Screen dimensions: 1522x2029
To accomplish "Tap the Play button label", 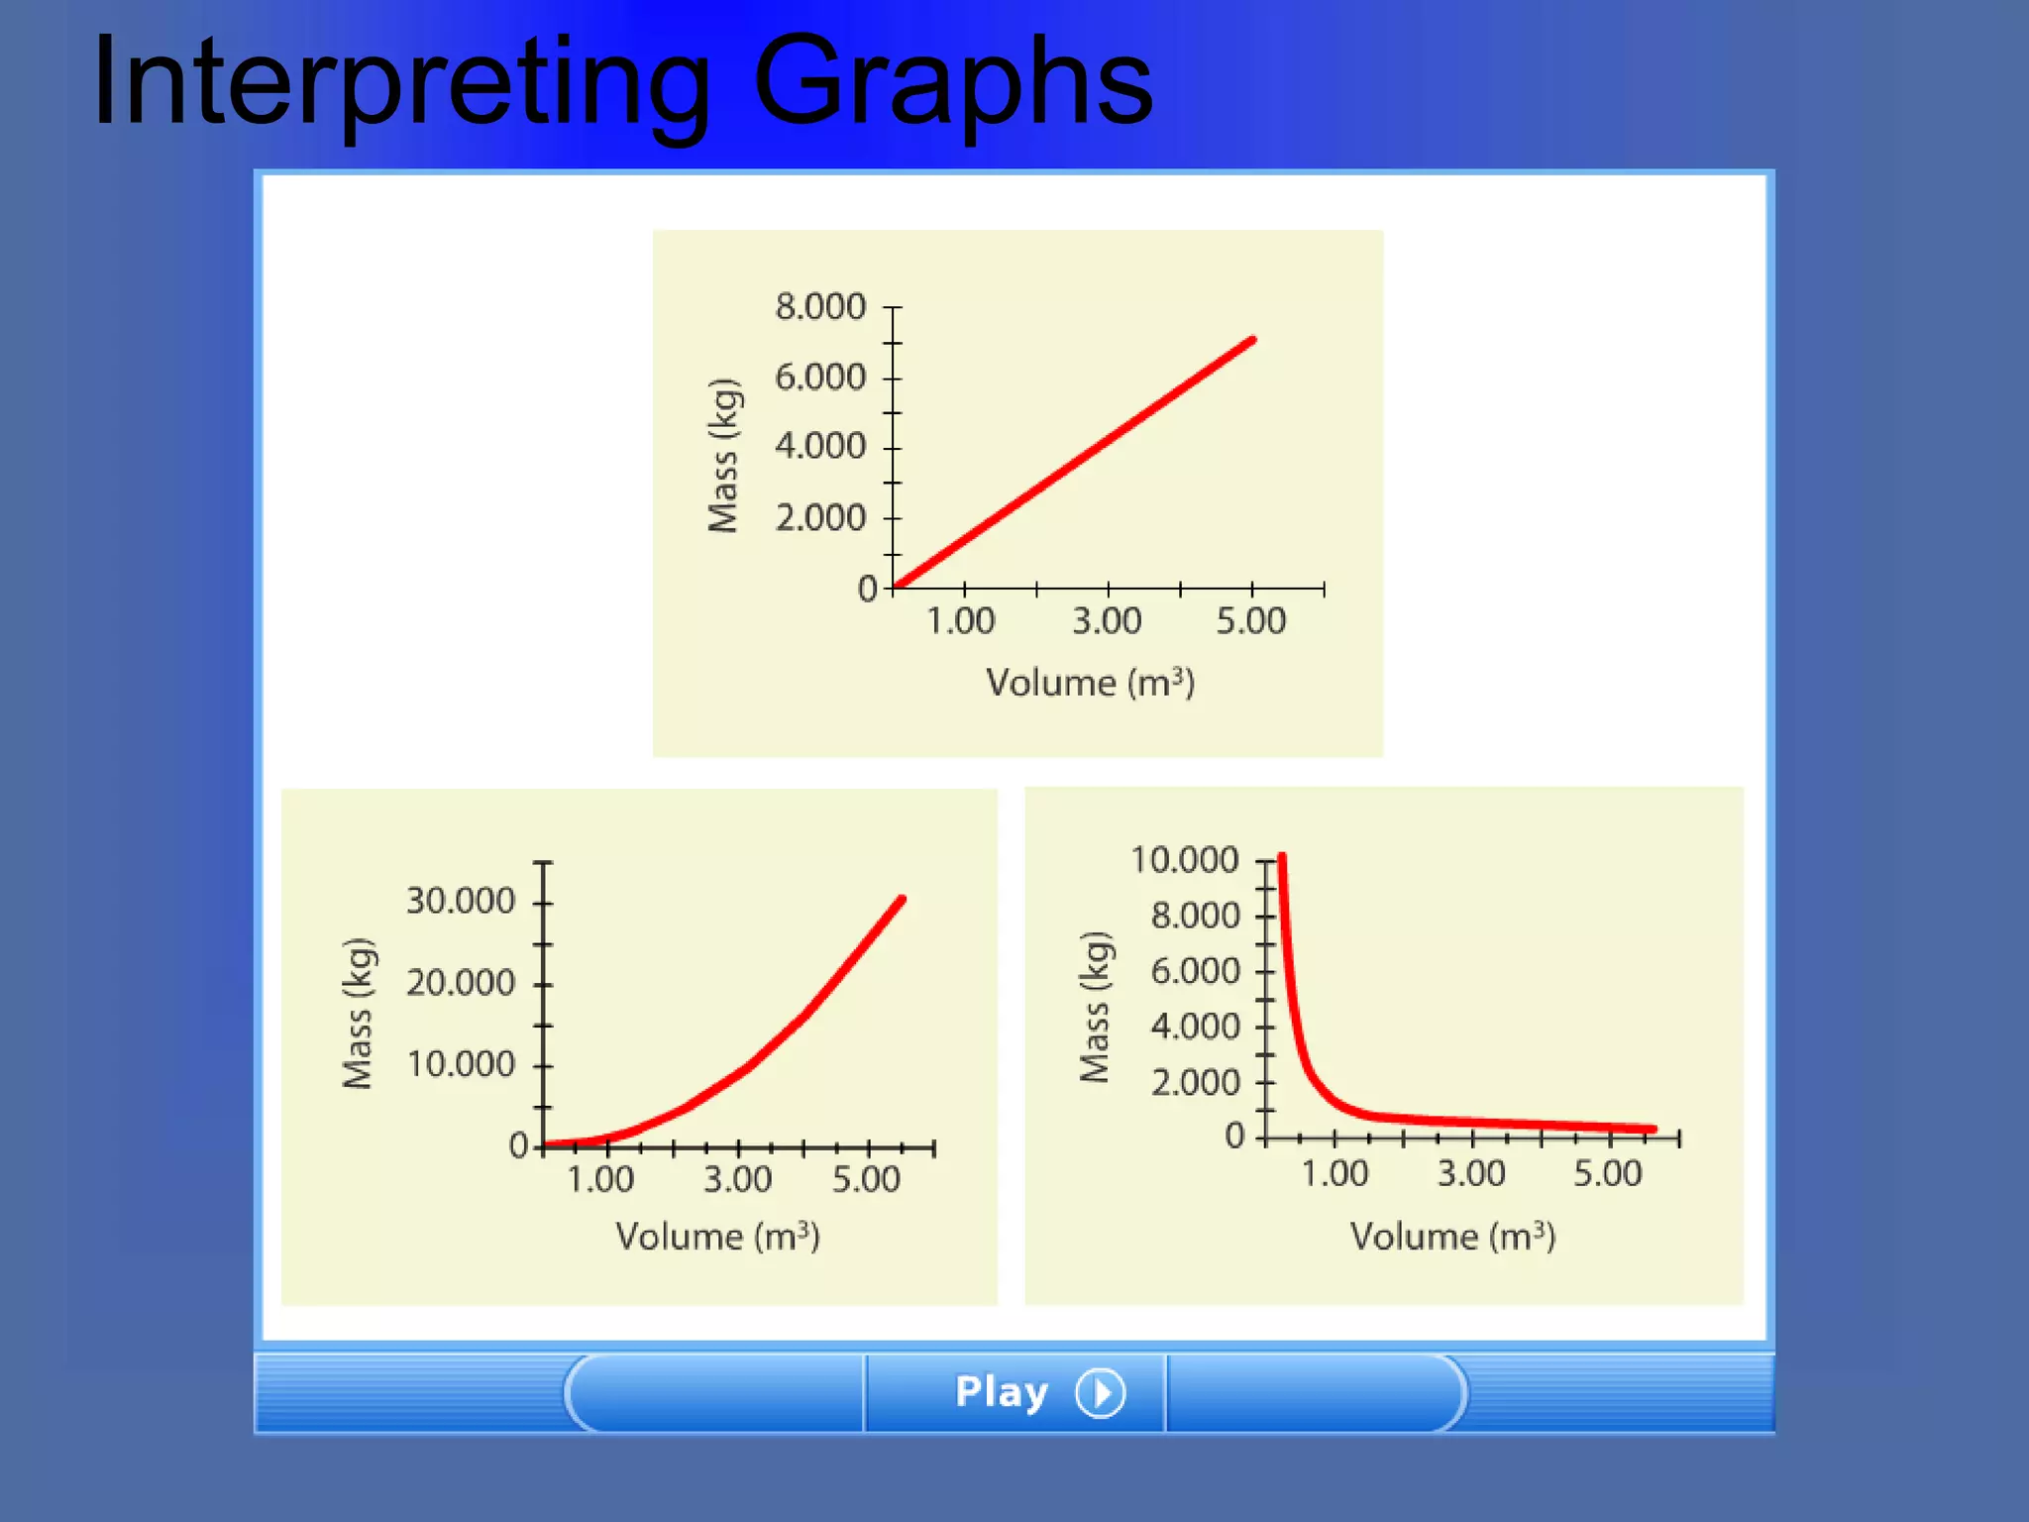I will point(1001,1392).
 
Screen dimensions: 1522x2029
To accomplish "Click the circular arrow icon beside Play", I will point(1101,1393).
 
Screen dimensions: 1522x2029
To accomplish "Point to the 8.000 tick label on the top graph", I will point(819,307).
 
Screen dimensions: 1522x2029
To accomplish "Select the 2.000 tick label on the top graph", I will point(819,517).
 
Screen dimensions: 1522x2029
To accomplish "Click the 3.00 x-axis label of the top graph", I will point(1107,621).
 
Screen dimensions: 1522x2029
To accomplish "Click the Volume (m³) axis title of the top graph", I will point(1090,683).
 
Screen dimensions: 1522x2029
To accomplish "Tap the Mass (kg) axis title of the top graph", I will point(723,456).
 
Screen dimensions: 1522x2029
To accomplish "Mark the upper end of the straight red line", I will point(1252,341).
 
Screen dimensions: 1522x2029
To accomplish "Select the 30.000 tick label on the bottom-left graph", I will point(461,901).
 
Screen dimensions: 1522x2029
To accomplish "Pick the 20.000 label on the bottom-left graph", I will point(461,983).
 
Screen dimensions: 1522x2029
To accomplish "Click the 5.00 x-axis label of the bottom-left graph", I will point(866,1179).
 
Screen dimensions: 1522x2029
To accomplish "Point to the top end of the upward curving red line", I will point(902,900).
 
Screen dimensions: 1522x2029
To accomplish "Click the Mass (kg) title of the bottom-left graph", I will point(358,1013).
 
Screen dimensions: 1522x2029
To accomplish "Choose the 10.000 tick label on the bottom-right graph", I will point(1184,860).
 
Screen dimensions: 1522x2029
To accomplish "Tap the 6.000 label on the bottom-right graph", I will point(1195,970).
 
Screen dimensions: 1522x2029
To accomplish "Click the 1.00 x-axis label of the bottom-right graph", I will point(1335,1174).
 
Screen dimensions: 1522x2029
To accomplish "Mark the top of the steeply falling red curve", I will point(1282,856).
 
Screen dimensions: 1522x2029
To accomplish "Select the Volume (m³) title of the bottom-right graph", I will point(1452,1237).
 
